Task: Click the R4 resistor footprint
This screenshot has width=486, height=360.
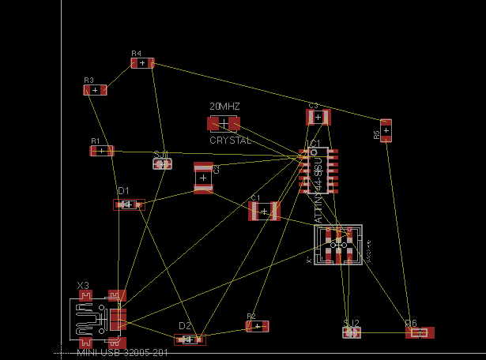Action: click(142, 63)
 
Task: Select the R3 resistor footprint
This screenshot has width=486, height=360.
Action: click(95, 90)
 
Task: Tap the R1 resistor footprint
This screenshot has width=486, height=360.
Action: click(101, 151)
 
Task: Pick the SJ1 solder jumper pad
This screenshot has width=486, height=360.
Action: click(162, 164)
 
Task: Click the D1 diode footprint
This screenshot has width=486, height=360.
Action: click(129, 204)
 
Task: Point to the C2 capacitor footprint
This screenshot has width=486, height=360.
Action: click(203, 178)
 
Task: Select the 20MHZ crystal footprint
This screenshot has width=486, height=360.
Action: click(224, 123)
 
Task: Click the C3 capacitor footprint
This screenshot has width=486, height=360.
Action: click(318, 118)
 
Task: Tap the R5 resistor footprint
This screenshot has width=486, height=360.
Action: click(386, 130)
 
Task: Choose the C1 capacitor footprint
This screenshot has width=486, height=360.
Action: click(264, 211)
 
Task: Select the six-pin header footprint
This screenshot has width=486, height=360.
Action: click(338, 246)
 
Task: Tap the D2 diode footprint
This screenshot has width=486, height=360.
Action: click(190, 339)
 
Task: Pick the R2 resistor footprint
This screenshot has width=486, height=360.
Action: click(258, 326)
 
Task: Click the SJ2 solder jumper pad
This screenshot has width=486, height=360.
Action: click(352, 332)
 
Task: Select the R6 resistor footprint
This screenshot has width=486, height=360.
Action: click(420, 333)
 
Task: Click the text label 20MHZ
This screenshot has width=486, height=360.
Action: click(224, 106)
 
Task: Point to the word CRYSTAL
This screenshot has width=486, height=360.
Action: click(230, 140)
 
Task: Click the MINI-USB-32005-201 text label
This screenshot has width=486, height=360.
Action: click(122, 352)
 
